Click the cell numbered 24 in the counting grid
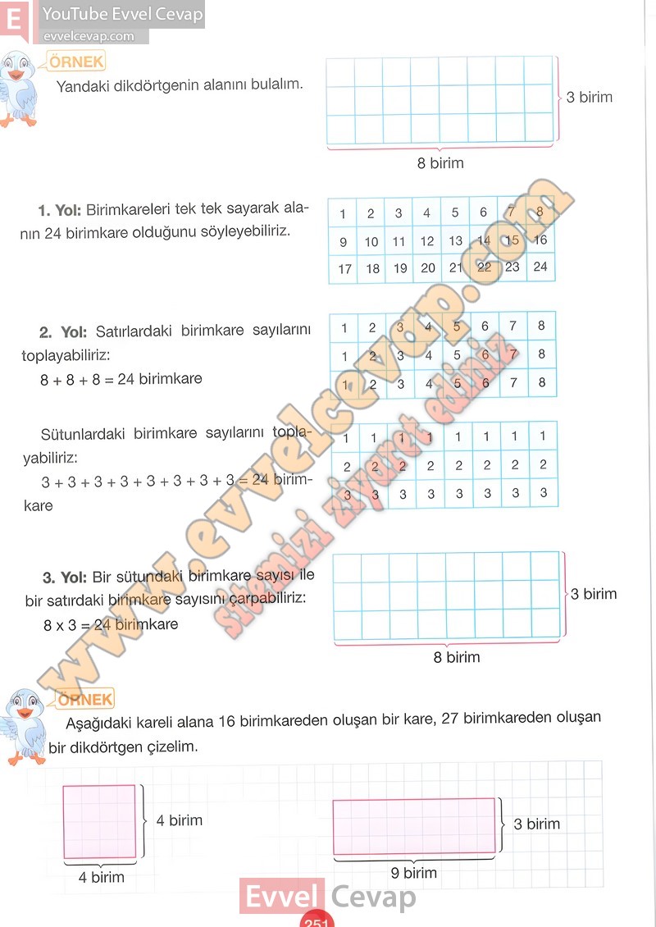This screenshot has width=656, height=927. coord(540,267)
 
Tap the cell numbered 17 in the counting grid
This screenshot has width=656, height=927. coord(344,268)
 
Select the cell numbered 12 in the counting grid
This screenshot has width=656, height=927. coord(427,241)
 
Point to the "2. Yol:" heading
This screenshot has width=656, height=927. coord(63,332)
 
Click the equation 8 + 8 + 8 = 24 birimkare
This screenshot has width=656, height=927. coord(121,379)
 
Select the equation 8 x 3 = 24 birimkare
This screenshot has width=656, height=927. coord(111,624)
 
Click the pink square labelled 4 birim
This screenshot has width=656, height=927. coord(99,821)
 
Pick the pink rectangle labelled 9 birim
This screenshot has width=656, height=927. coord(414,826)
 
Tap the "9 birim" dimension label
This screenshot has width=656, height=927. coord(415,873)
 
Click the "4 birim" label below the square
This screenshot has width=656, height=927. coord(102,877)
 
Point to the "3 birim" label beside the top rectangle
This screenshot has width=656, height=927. coord(589,97)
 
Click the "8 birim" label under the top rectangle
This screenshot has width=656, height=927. coord(440,162)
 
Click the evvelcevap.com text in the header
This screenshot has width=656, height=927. coord(88,36)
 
